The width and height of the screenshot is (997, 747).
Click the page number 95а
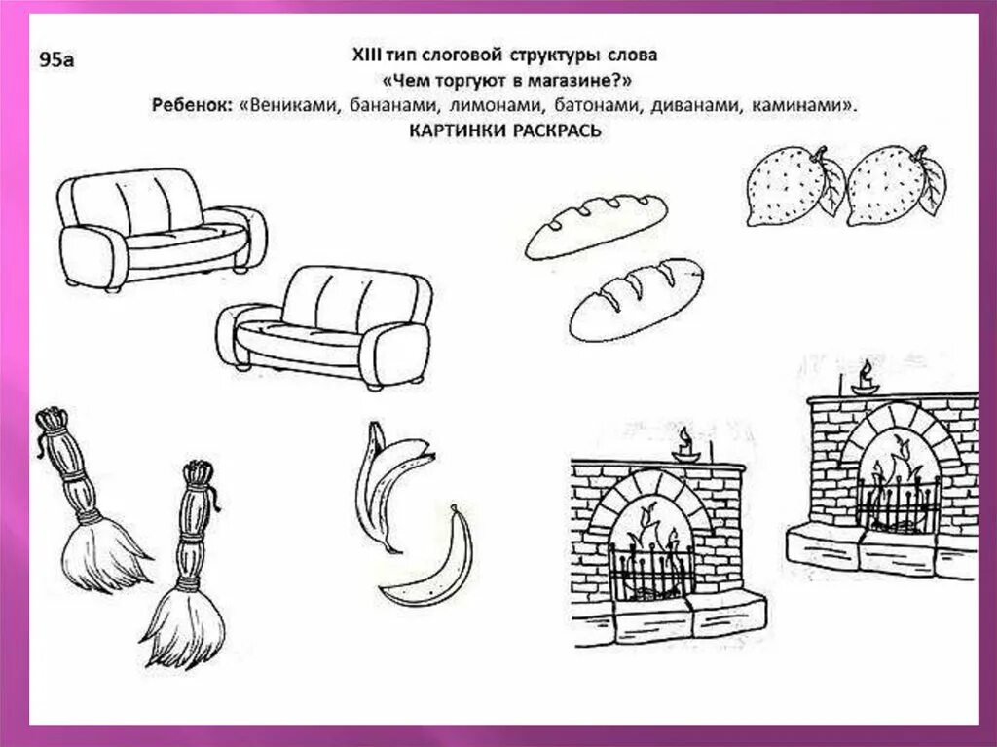(x=56, y=60)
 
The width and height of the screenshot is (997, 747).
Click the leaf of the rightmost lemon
(x=931, y=183)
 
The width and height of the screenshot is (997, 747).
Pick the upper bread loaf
(x=595, y=225)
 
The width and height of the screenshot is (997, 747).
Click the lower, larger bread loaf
(x=636, y=298)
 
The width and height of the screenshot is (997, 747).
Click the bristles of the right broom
(x=185, y=626)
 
